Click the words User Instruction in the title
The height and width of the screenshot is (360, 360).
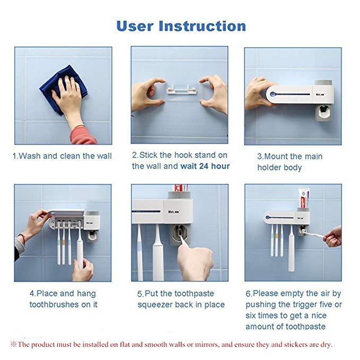click(181, 26)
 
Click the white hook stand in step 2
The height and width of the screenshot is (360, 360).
click(182, 90)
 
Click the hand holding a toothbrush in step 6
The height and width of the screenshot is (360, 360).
click(332, 236)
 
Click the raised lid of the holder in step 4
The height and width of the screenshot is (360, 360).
click(67, 213)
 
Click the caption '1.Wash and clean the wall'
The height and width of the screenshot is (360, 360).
click(62, 156)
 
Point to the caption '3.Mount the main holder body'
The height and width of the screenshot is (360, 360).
click(289, 162)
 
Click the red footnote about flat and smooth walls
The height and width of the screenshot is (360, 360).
click(171, 345)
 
